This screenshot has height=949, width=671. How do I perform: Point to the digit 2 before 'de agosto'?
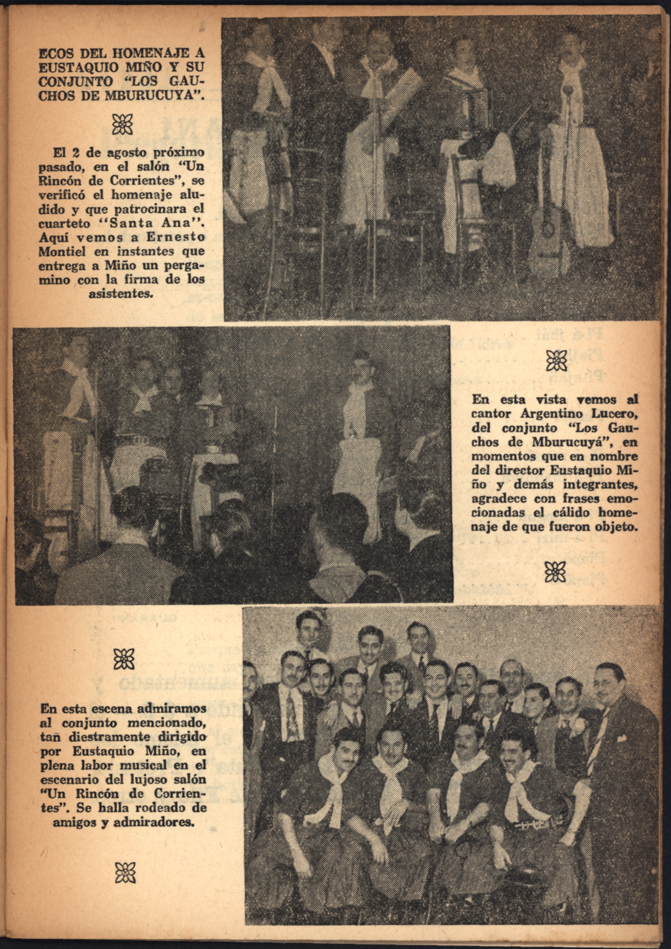tap(75, 153)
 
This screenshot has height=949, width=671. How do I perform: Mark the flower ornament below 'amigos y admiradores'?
tap(125, 873)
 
